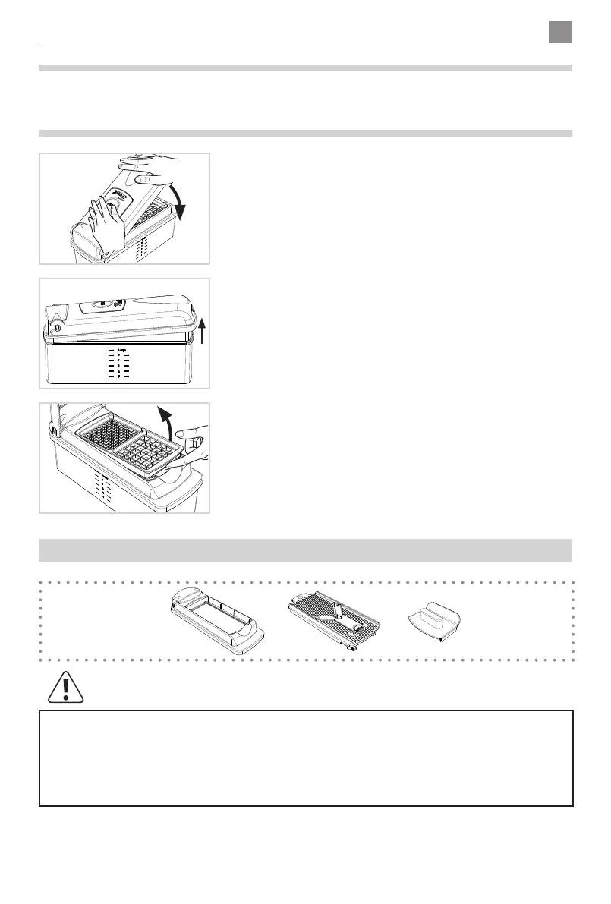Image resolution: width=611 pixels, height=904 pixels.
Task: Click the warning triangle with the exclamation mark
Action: [x=65, y=686]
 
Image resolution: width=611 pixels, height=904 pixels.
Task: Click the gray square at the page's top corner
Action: [x=559, y=32]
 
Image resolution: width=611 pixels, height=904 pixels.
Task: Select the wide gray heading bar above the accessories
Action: [x=305, y=550]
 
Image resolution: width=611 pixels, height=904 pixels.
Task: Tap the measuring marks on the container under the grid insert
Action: [x=103, y=486]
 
